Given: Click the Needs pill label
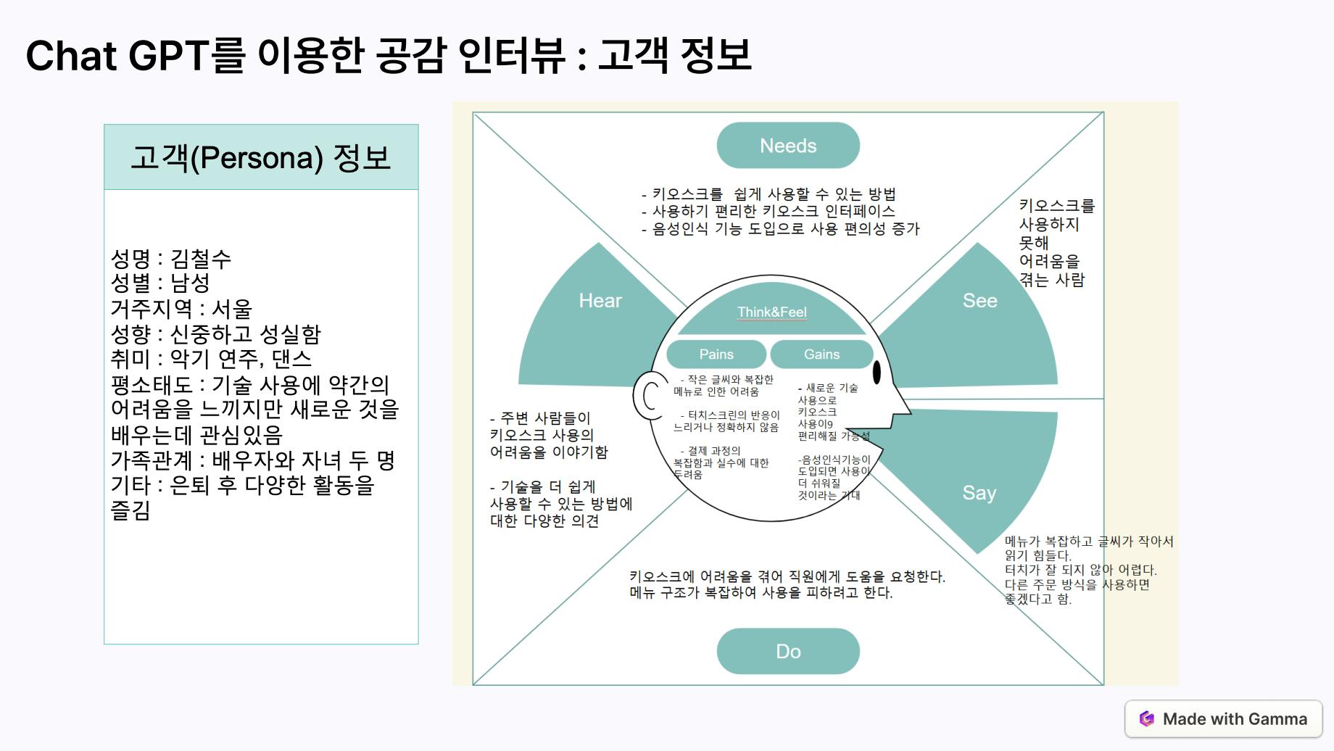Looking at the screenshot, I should (788, 146).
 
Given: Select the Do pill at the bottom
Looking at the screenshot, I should (788, 651).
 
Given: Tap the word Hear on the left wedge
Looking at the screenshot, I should (600, 301).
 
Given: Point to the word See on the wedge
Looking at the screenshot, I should (979, 301).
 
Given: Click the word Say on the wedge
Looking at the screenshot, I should (979, 493).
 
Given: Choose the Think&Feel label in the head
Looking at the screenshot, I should (771, 312).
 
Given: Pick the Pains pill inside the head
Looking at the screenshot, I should (716, 354).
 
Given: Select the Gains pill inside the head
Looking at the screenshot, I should (821, 354).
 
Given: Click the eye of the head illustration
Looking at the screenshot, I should (877, 372).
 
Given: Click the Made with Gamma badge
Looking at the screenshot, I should (1223, 719).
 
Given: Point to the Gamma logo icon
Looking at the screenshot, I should (1146, 719).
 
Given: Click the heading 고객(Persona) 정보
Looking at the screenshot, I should (261, 158).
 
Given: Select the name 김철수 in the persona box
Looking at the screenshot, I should (201, 258).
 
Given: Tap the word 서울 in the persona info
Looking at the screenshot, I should (231, 309).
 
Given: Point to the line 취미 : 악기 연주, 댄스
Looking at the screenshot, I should (211, 359).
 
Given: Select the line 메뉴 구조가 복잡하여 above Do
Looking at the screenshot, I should (761, 593).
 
